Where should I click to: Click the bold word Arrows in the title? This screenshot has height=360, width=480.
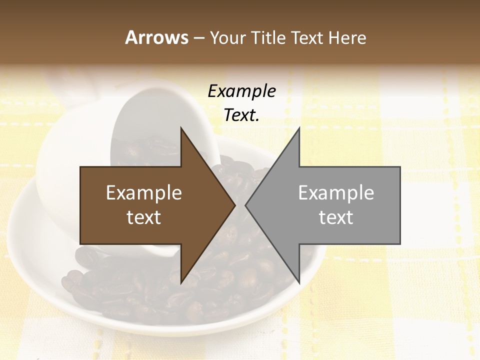(x=156, y=37)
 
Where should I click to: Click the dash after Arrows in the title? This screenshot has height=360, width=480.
(x=198, y=38)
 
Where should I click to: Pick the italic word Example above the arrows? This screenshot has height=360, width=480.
(x=242, y=91)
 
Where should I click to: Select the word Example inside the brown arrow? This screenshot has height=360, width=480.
(x=144, y=192)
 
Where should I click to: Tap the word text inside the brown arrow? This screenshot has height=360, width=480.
(x=144, y=217)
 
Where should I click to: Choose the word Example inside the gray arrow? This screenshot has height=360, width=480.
(x=336, y=192)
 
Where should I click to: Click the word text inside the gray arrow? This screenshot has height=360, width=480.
(x=336, y=217)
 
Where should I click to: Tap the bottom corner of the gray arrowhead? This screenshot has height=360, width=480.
(x=299, y=283)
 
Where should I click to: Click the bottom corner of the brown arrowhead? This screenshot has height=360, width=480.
(x=181, y=283)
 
